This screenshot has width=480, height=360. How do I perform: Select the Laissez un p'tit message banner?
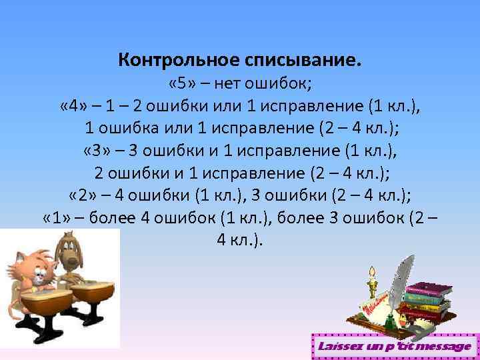pyautogui.click(x=394, y=347)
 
